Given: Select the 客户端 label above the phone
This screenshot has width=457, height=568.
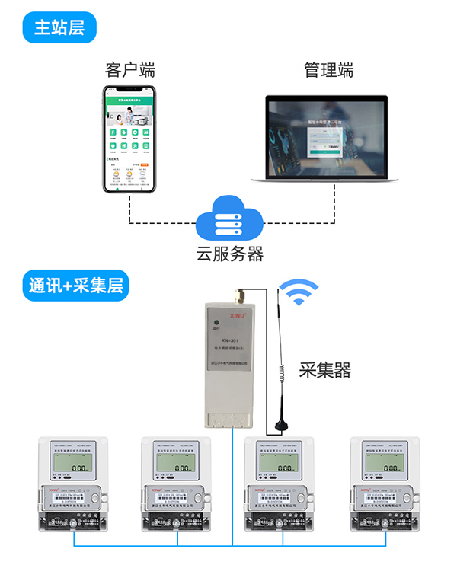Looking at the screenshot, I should (x=130, y=70).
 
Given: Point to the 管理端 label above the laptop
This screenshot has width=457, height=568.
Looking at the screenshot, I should (x=329, y=70).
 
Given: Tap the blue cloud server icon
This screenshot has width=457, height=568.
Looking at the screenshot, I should (x=228, y=220).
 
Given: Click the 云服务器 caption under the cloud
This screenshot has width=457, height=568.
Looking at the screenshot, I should (x=228, y=254).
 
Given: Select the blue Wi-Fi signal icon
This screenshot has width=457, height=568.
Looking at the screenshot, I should (x=299, y=294).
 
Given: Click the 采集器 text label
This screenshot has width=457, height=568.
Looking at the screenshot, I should (x=326, y=371).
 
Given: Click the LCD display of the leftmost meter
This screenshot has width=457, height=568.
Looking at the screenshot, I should (x=74, y=464).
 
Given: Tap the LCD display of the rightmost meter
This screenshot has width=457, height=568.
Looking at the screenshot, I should (x=384, y=464).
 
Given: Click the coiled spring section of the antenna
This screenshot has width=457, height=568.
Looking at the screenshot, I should (x=281, y=373).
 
